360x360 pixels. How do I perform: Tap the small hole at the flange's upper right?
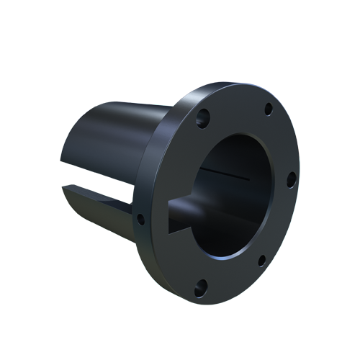pos(268,109)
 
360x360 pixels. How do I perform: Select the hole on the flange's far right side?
pos(291,179)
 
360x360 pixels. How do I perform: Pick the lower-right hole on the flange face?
pos(262,261)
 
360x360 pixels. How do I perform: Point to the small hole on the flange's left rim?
pos(141,219)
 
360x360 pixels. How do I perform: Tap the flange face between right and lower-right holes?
pos(282,223)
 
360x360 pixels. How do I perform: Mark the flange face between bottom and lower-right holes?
pos(234,277)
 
